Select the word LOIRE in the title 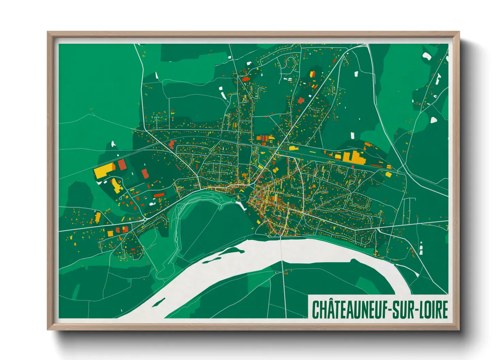point(434,309)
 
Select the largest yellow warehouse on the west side point(104,170)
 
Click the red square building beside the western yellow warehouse point(122,165)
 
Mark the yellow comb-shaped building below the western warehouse point(117,186)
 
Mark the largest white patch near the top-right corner point(427,56)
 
